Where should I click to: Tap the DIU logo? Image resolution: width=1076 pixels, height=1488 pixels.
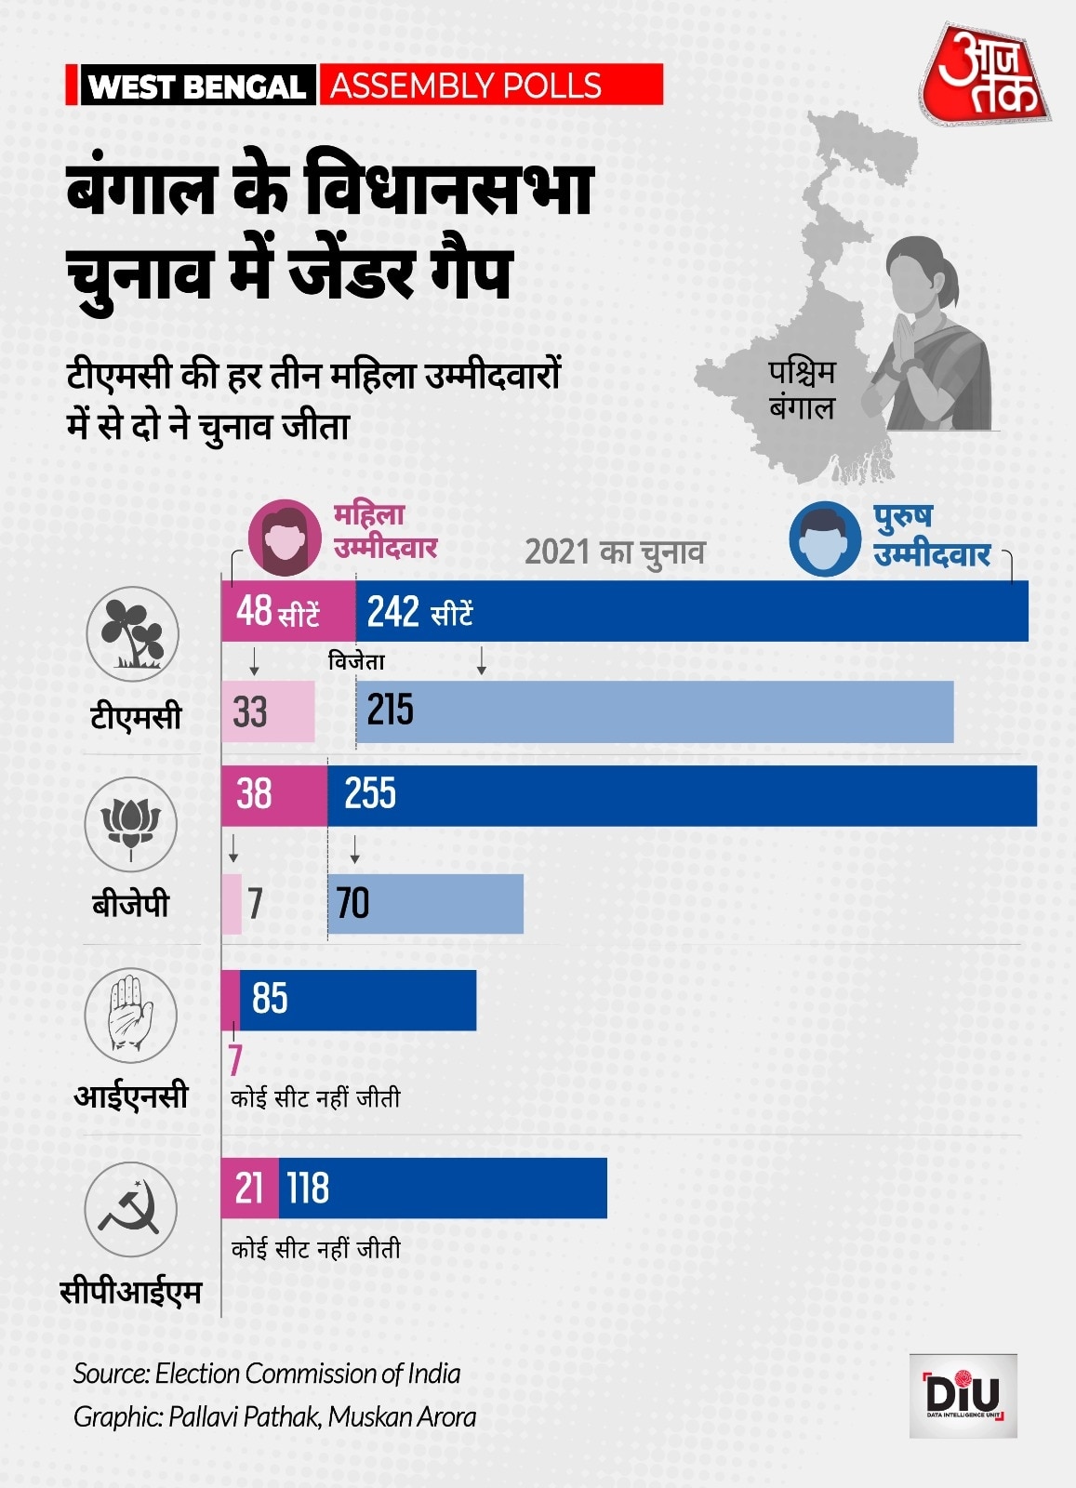963,1395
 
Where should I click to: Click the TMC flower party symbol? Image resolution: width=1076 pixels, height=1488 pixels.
132,633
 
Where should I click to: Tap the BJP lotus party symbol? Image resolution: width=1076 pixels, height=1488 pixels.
131,824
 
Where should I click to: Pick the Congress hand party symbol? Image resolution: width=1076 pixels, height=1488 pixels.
131,1014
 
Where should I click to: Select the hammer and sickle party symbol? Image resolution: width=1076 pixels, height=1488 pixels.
130,1209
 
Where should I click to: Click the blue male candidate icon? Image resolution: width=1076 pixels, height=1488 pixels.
824,539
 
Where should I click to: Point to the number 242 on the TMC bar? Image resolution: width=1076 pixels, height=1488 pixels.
392,612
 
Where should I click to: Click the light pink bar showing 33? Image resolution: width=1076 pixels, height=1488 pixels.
268,711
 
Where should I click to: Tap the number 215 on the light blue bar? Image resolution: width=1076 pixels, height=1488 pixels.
390,711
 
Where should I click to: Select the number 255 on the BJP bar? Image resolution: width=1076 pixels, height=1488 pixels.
369,794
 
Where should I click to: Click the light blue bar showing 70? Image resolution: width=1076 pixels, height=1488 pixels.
426,903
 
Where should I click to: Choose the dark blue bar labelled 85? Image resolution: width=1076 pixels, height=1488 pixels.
358,1000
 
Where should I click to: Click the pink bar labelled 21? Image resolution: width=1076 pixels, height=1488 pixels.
249,1189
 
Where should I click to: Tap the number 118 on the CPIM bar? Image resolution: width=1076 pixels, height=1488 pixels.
308,1189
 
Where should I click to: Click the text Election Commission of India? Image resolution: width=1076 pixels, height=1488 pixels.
308,1374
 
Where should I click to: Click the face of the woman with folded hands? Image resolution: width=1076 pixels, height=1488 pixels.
921,274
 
